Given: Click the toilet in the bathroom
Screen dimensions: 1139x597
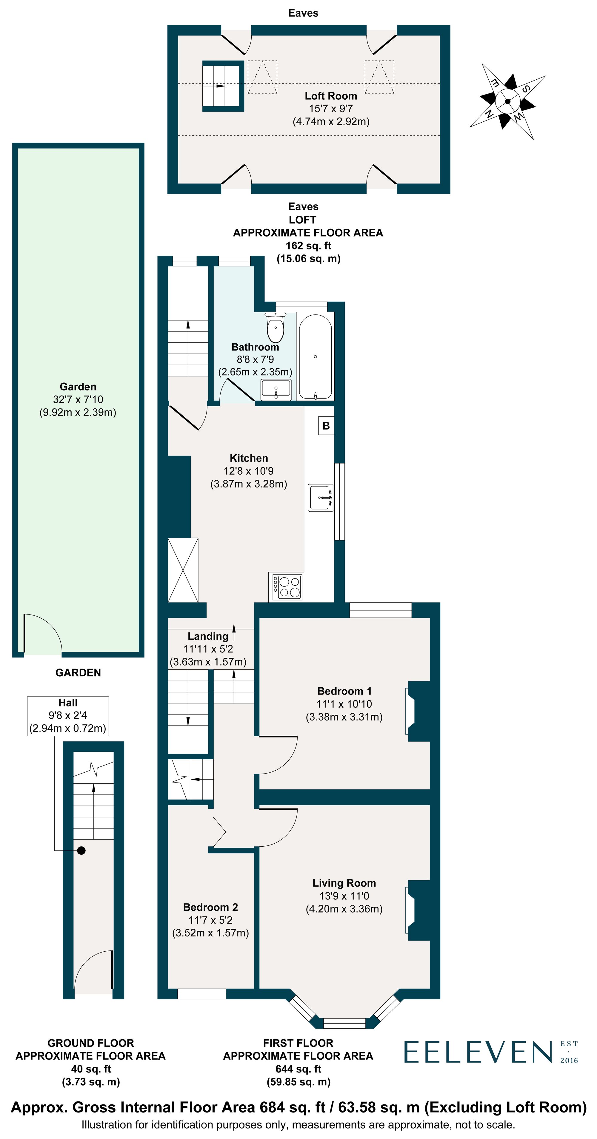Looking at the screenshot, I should (x=275, y=328).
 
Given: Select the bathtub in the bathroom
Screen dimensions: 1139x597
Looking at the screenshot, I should (x=315, y=356).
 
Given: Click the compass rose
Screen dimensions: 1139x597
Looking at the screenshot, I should (x=507, y=101).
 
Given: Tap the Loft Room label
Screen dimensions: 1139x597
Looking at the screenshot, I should (x=330, y=96).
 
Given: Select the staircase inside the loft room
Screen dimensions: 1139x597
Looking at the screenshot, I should (x=223, y=86).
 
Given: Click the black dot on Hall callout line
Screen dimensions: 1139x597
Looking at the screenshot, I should (x=81, y=850).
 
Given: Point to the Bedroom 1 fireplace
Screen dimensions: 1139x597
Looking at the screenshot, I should (x=419, y=711).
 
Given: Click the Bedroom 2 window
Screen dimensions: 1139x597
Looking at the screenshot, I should (x=201, y=993).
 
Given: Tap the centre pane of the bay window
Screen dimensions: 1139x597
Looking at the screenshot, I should (x=344, y=1023).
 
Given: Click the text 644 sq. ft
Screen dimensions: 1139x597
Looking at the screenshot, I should (x=298, y=1069).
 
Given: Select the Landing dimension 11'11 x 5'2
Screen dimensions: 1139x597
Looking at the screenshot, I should (x=208, y=649).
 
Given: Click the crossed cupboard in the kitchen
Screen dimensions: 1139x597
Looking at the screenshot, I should (x=183, y=569).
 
